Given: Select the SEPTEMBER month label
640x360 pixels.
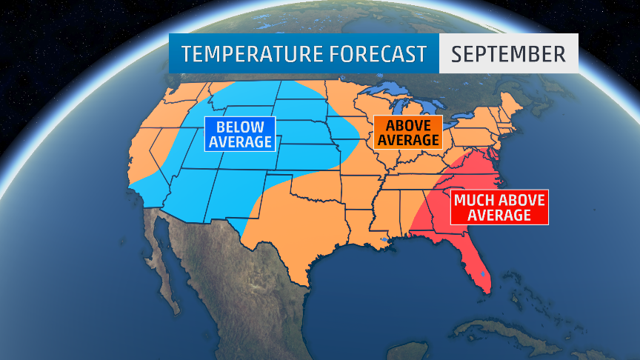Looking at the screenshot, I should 508,54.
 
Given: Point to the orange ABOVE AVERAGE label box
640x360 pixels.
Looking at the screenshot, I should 407,131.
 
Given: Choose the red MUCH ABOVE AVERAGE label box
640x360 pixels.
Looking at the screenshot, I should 499,207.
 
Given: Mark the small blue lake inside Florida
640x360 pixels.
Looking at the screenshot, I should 482,275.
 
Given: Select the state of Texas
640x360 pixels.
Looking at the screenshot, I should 296,230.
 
